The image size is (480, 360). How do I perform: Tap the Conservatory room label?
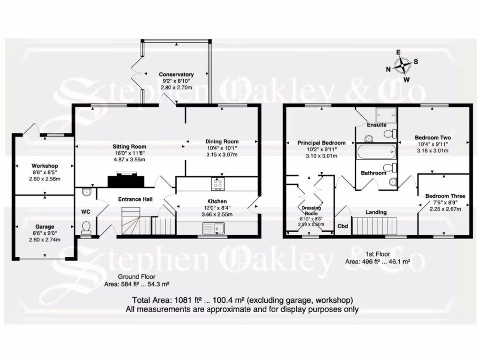point(176,75)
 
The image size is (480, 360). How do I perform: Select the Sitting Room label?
point(125,146)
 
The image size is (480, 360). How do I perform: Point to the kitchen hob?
point(218,184)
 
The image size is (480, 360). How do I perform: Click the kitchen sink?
point(214,229)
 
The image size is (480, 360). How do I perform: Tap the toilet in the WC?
point(86,228)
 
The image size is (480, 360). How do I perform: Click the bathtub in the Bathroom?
point(376,151)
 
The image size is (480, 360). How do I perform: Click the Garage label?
point(45,226)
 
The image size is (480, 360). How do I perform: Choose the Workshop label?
point(45,166)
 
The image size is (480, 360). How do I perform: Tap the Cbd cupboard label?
point(343,226)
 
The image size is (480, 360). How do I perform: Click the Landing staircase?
point(374,226)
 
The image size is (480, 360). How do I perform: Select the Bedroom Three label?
point(445,196)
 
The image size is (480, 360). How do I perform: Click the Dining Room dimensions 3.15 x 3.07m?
point(222,155)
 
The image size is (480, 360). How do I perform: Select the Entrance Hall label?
point(135,199)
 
